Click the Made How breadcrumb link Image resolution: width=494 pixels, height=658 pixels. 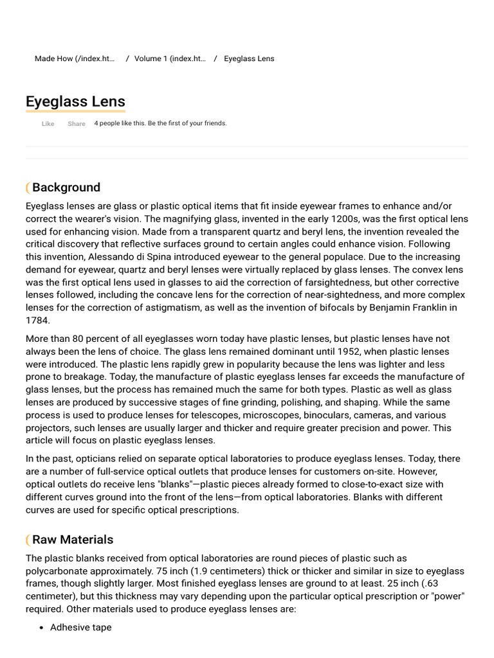(x=74, y=58)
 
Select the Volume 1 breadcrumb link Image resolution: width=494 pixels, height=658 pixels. (x=170, y=58)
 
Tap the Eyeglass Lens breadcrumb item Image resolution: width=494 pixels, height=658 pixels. (x=249, y=58)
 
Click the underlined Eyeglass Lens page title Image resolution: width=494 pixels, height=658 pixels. (x=75, y=102)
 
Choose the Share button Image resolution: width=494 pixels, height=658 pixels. (x=76, y=124)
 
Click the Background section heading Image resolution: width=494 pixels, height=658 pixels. (x=66, y=188)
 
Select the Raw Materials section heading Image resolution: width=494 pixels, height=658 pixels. (x=73, y=540)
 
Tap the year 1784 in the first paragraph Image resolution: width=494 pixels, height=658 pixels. (x=37, y=320)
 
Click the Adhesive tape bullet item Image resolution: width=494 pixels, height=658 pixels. (x=80, y=627)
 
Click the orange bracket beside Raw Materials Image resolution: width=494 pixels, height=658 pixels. (x=28, y=540)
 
